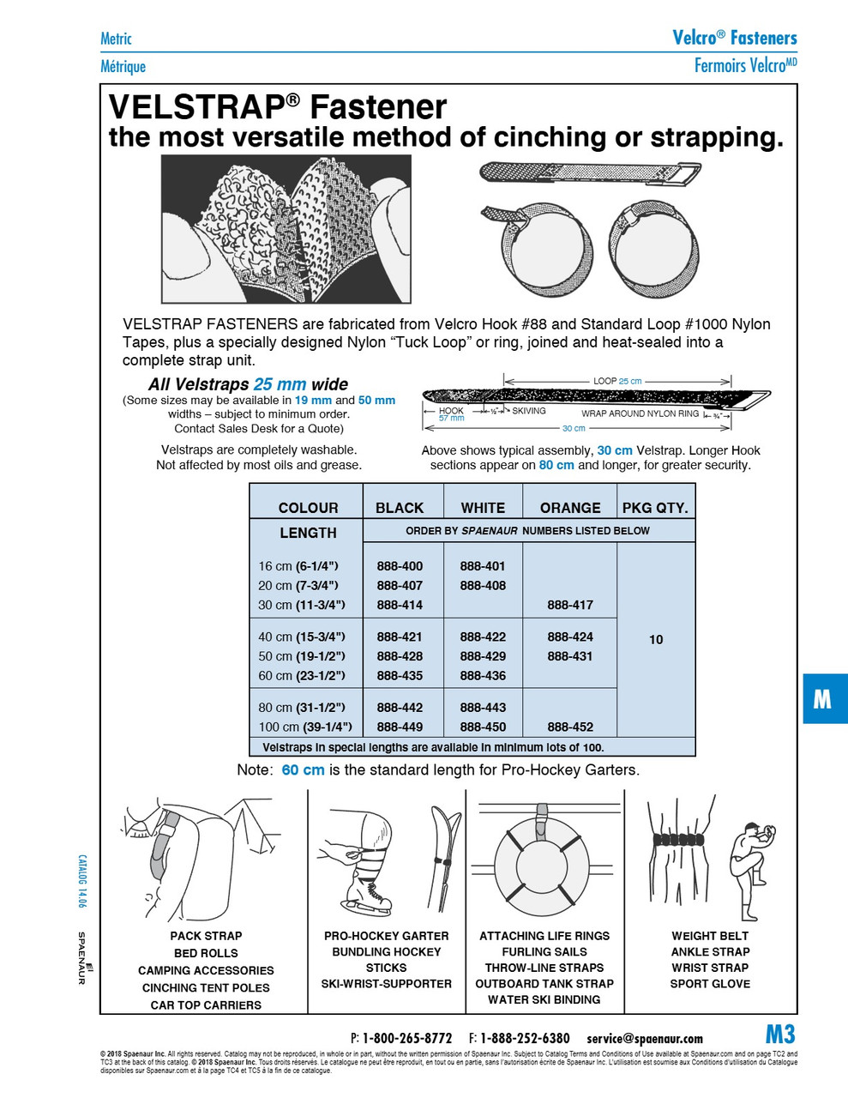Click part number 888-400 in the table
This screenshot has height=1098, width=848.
400,566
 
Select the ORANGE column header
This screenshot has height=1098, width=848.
570,508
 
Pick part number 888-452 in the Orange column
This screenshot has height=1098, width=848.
570,727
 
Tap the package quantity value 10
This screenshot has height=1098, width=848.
656,639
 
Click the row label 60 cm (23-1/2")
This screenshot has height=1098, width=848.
302,676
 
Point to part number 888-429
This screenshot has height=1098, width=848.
483,656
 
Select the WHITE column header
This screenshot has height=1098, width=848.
483,508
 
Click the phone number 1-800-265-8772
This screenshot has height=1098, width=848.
407,1038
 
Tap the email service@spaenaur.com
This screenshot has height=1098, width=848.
645,1038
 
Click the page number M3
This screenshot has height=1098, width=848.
780,1034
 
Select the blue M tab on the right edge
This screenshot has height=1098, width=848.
822,699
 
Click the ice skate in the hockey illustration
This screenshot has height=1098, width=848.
364,896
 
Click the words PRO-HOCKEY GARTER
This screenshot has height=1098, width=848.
386,936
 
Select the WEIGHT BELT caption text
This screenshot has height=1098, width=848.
710,936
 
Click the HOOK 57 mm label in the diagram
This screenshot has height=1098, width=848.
451,414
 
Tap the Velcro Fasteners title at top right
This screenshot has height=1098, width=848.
735,37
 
